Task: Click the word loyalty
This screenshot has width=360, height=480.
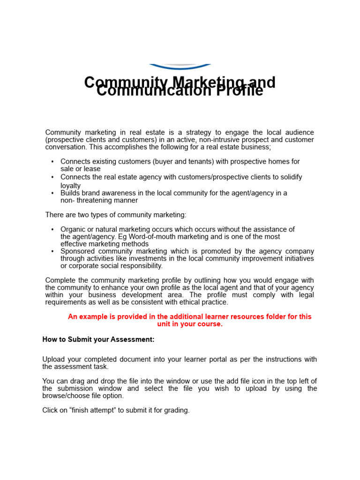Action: coord(70,186)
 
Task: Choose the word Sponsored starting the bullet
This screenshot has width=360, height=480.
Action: coord(77,251)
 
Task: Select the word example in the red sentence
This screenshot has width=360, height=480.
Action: coord(91,316)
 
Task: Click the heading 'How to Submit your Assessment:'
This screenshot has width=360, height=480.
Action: coord(98,339)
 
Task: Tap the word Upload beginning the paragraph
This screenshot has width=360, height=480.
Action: coord(53,359)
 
